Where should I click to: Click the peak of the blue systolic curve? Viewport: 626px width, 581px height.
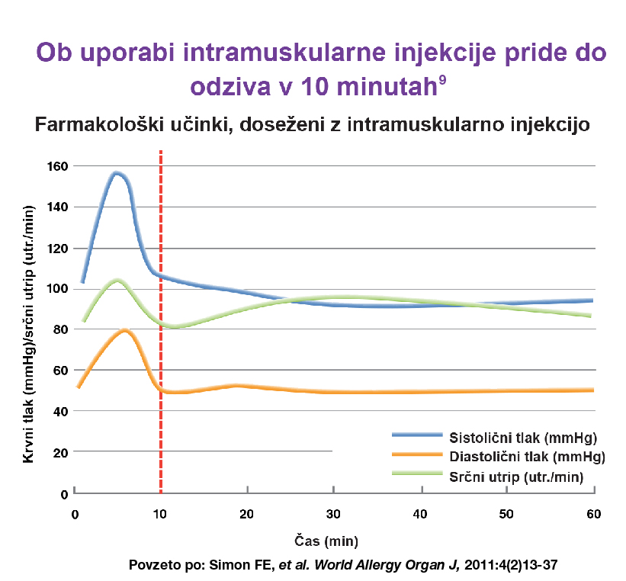pos(117,173)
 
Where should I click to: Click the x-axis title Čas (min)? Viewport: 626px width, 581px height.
pos(326,541)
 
